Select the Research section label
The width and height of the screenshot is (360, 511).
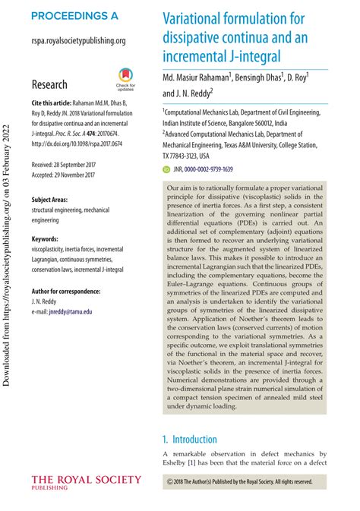(x=50, y=84)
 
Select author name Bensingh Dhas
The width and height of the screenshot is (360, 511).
(x=257, y=77)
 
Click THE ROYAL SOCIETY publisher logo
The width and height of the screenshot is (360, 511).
(x=86, y=481)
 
